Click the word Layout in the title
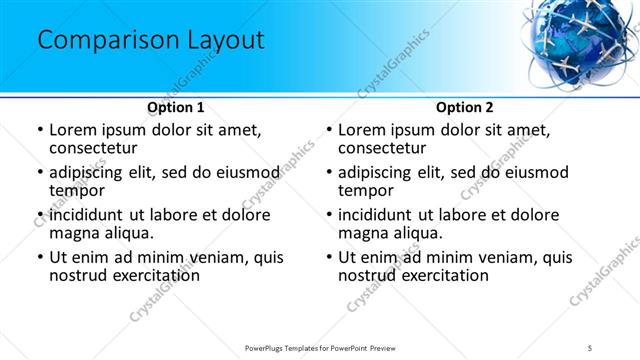click(219, 41)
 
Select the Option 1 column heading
click(176, 107)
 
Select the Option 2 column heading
click(465, 107)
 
